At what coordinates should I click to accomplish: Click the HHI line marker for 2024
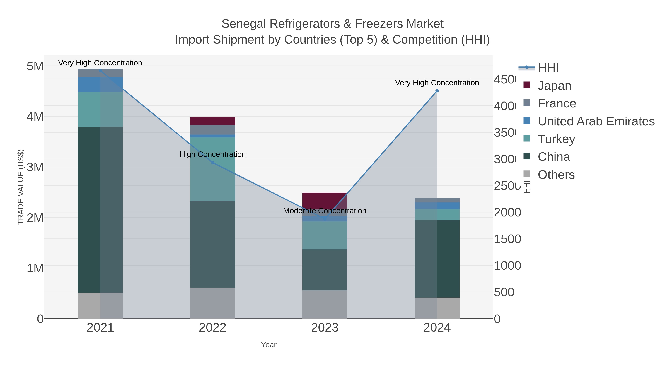click(x=437, y=91)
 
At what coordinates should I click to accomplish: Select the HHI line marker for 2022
click(x=212, y=163)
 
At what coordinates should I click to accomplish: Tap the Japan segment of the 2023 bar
click(x=325, y=200)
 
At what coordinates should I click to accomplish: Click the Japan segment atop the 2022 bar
click(x=212, y=121)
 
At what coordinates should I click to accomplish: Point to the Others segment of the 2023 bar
click(x=325, y=304)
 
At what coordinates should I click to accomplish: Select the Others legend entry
click(x=556, y=175)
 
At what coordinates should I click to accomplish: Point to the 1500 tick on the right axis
click(x=507, y=239)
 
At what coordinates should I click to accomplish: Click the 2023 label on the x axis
click(x=325, y=327)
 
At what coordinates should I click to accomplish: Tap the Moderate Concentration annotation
click(x=325, y=211)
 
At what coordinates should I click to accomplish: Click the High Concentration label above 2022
click(x=212, y=154)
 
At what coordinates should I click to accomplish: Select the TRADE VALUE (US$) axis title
click(x=21, y=187)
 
